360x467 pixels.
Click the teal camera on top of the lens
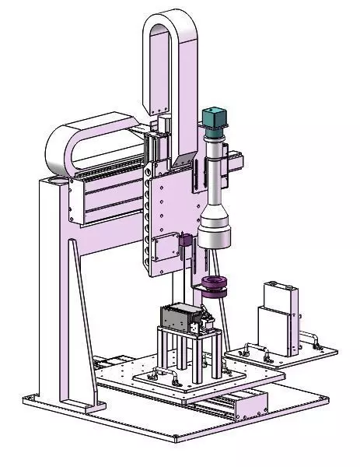[x=213, y=118]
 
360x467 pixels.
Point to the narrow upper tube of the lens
[x=213, y=167]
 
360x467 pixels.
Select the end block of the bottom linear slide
[x=250, y=403]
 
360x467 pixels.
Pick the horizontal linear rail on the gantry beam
[x=109, y=188]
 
